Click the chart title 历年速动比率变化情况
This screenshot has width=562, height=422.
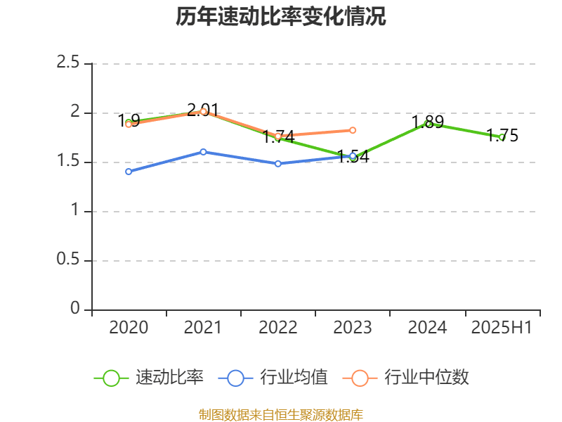pos(281,17)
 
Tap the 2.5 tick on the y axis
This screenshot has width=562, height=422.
pos(68,63)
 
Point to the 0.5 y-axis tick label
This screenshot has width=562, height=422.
pos(68,260)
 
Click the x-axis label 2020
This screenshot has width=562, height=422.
pos(129,327)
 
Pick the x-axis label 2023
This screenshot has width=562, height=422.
pos(353,327)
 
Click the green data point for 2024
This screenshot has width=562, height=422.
pos(427,124)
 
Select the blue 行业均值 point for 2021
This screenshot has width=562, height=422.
pos(204,152)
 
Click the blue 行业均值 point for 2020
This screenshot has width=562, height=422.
pos(129,172)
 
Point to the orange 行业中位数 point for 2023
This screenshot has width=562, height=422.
pos(353,130)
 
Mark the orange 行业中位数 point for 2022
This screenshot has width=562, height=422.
pos(278,136)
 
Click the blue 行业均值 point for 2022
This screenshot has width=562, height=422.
pos(278,163)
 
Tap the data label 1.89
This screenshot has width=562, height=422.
pos(427,122)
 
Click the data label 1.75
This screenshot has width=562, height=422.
pos(502,136)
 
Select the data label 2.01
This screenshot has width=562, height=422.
pos(203,110)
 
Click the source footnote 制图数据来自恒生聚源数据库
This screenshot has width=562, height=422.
pos(281,415)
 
